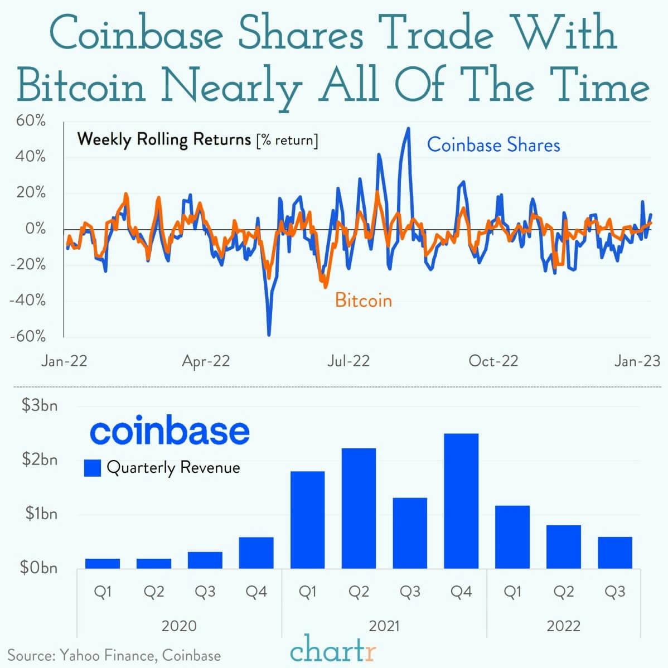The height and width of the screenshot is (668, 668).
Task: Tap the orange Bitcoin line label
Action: pyautogui.click(x=363, y=301)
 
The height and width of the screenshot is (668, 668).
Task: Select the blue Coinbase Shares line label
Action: pyautogui.click(x=493, y=145)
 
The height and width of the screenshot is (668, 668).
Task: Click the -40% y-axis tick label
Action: pyautogui.click(x=28, y=301)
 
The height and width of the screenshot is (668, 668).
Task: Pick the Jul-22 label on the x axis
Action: pyautogui.click(x=348, y=361)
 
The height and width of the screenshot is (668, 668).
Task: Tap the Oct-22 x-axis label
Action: pyautogui.click(x=493, y=361)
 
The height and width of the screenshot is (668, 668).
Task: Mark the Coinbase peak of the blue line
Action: pyautogui.click(x=408, y=129)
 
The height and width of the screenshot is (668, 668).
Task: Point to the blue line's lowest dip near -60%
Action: pyautogui.click(x=269, y=335)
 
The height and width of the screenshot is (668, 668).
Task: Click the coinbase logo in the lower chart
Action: pyautogui.click(x=170, y=432)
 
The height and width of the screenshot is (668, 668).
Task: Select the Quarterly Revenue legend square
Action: pyautogui.click(x=92, y=468)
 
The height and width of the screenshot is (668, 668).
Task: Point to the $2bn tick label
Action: pyautogui.click(x=39, y=459)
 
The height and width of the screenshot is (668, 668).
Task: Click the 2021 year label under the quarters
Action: pyautogui.click(x=384, y=626)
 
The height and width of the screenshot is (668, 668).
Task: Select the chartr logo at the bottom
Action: pyautogui.click(x=333, y=650)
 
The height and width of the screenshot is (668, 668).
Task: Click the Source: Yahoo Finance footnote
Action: pyautogui.click(x=114, y=655)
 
